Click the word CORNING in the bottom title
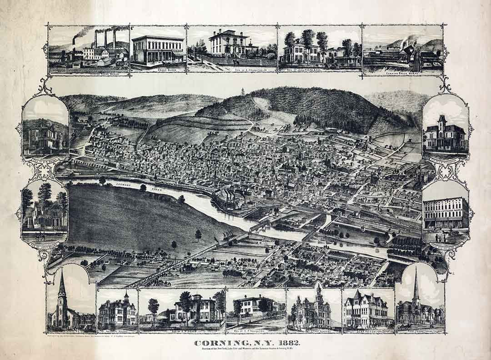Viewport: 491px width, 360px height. pyautogui.click(x=216, y=343)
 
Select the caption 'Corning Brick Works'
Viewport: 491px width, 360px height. pyautogui.click(x=403, y=72)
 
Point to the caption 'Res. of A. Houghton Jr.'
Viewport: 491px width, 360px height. pyautogui.click(x=232, y=70)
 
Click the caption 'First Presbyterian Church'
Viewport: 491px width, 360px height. pyautogui.click(x=420, y=332)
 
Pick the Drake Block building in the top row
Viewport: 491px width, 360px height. pyautogui.click(x=157, y=50)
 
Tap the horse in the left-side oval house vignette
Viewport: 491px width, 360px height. pyautogui.click(x=40, y=236)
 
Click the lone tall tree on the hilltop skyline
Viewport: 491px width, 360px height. pyautogui.click(x=243, y=91)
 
